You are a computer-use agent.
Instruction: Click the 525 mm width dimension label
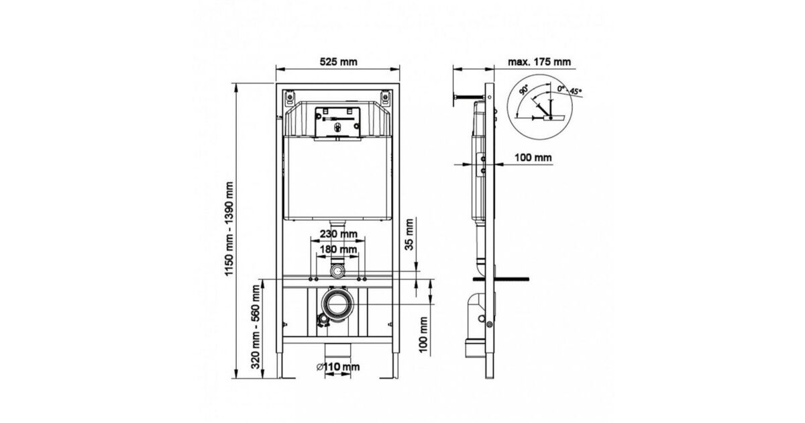coord(339,62)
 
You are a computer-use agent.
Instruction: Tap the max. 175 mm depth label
coord(539,62)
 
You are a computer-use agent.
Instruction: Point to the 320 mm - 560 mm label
coord(256,327)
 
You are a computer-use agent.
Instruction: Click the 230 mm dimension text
coord(339,234)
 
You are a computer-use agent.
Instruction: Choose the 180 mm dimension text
coord(339,249)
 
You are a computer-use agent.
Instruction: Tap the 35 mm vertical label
coord(409,234)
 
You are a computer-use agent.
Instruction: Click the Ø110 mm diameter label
coord(338,367)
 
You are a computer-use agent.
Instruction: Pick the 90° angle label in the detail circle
coord(524,89)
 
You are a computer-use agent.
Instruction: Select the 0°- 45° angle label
coord(570,90)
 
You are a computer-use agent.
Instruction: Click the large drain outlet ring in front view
coord(338,304)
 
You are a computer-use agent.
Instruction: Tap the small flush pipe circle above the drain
coord(338,271)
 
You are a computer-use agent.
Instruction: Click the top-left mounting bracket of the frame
coord(289,98)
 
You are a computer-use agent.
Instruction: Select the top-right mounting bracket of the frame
coord(385,98)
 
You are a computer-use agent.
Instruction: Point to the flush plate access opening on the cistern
coord(337,122)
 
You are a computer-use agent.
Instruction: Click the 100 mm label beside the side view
coord(533,158)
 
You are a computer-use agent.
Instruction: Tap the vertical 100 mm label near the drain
coord(424,335)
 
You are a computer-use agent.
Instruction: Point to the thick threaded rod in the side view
coord(501,279)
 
